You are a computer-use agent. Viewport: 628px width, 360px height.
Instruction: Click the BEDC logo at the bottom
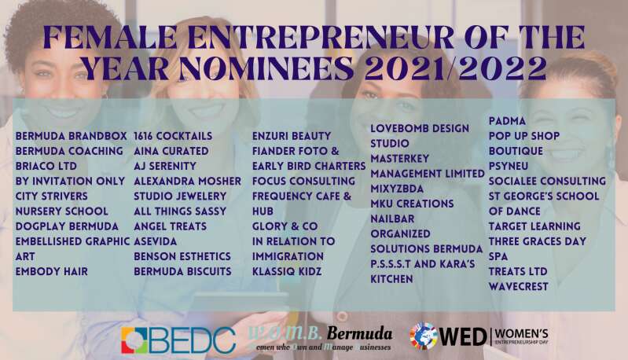(x=178, y=340)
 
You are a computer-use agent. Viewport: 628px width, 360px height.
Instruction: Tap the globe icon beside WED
(x=424, y=336)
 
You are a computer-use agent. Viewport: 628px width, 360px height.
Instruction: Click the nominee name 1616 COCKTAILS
(x=173, y=136)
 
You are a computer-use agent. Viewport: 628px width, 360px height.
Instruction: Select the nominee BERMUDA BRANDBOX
(x=72, y=136)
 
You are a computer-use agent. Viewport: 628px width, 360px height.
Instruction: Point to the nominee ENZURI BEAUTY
(x=292, y=136)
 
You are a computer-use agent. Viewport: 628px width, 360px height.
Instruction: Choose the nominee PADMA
(x=507, y=121)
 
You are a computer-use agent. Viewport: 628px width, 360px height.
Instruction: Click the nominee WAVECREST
(x=518, y=287)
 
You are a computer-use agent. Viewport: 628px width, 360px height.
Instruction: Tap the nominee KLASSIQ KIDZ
(x=287, y=271)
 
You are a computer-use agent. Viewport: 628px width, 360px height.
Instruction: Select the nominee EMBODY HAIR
(x=52, y=271)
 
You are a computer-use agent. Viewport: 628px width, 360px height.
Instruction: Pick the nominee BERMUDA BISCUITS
(x=182, y=271)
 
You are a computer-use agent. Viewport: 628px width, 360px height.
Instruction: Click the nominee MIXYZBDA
(x=397, y=189)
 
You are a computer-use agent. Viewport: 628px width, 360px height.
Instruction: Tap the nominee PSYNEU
(x=509, y=166)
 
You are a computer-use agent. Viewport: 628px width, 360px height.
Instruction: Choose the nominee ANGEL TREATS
(x=171, y=226)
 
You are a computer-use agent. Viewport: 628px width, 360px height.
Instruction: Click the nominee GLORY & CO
(x=285, y=226)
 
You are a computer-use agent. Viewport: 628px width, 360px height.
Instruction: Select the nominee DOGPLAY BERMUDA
(x=67, y=226)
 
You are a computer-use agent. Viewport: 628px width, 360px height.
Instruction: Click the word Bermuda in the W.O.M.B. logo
(x=359, y=333)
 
